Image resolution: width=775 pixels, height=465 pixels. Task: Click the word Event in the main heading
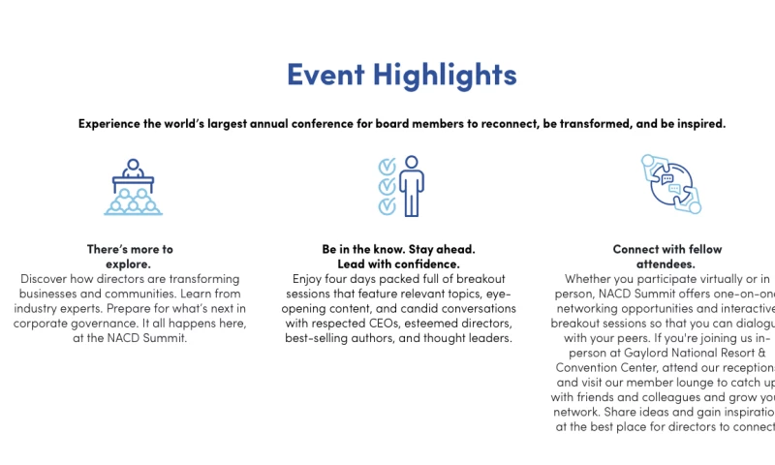pos(325,75)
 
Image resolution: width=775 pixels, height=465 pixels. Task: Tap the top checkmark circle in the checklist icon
pos(386,165)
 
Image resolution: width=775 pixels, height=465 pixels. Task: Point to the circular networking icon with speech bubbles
pos(669,183)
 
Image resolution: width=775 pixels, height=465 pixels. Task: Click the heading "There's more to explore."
pos(130,256)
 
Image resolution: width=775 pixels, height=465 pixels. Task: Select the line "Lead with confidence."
pos(398,263)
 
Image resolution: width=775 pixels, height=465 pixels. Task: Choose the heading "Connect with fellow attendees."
pos(666,256)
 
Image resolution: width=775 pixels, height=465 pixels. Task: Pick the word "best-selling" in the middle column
pos(319,338)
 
